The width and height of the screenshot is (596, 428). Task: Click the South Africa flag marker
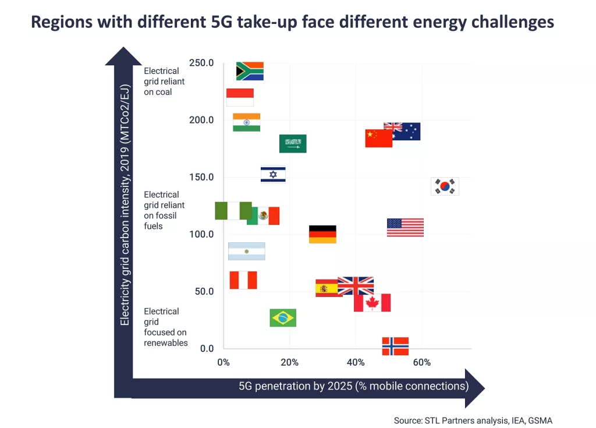tap(250, 71)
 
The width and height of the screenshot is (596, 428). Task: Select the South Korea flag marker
tap(445, 186)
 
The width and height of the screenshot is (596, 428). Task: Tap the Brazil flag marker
tap(283, 318)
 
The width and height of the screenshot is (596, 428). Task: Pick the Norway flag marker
tap(395, 346)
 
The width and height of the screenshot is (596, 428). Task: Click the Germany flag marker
tap(322, 234)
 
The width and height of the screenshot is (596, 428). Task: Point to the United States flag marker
tap(405, 228)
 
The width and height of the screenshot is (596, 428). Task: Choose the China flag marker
tap(378, 138)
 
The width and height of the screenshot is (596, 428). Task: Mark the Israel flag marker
tap(273, 175)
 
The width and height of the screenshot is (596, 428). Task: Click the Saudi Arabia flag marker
tap(293, 144)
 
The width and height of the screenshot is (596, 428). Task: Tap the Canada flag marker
tap(372, 303)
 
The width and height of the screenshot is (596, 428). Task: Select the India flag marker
tap(246, 122)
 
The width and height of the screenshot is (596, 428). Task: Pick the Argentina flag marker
tap(246, 251)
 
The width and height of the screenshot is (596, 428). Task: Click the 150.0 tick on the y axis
tap(201, 177)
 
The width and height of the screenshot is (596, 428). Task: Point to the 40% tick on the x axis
tap(356, 363)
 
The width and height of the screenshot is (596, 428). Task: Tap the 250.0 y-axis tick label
tap(201, 63)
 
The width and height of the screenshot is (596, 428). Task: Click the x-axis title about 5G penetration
tap(353, 386)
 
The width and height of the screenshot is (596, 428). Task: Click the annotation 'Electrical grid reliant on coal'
tap(164, 82)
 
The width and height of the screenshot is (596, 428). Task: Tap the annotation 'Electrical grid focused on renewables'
tap(166, 327)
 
